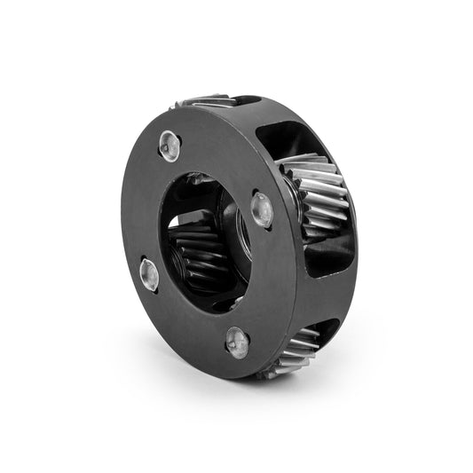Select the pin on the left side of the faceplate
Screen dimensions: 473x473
149,274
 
